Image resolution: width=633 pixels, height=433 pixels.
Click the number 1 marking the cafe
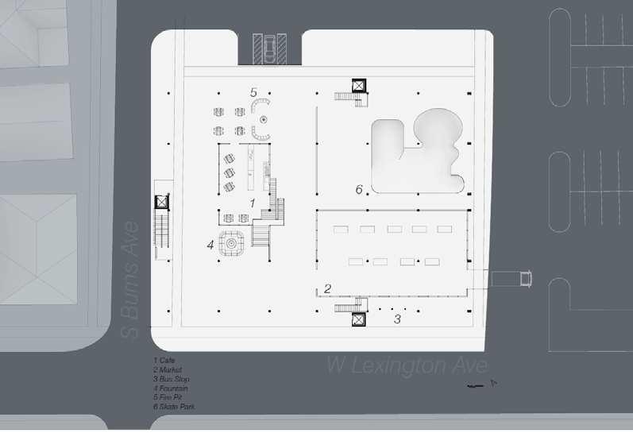click(252, 203)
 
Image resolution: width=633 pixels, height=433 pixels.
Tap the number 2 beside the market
click(326, 288)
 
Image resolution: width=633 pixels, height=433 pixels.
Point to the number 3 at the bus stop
click(398, 319)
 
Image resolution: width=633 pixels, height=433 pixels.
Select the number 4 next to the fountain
click(210, 245)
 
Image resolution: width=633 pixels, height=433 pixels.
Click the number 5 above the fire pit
click(254, 92)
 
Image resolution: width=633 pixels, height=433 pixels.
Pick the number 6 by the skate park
click(359, 190)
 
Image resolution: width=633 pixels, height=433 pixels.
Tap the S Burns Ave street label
click(132, 280)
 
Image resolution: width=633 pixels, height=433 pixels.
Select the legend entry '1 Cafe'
click(164, 361)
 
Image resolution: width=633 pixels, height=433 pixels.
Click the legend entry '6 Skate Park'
click(174, 407)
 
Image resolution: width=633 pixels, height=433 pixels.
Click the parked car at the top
click(269, 49)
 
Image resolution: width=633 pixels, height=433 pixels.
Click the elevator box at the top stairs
click(357, 85)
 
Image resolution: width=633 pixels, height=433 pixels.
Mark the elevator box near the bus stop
click(357, 319)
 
